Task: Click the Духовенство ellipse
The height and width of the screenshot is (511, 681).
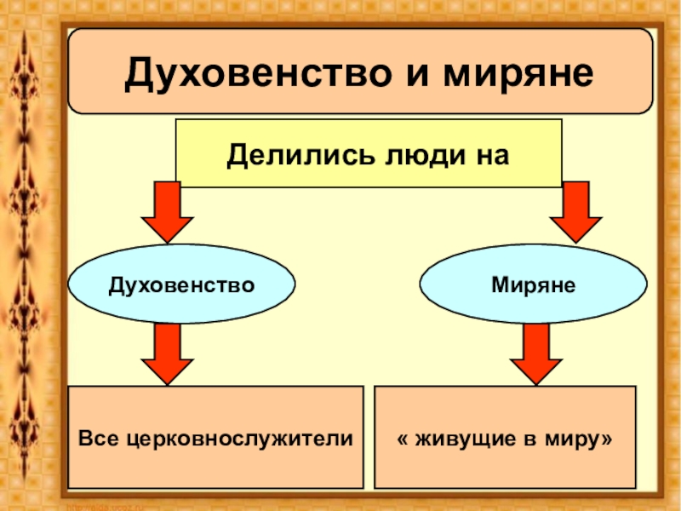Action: pyautogui.click(x=181, y=284)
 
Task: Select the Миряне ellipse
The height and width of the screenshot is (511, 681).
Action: pyautogui.click(x=533, y=284)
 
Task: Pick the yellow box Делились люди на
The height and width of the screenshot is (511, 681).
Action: pyautogui.click(x=369, y=153)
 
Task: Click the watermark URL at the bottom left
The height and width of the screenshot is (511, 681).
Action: pyautogui.click(x=102, y=506)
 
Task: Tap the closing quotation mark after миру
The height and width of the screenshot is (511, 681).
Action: pyautogui.click(x=607, y=438)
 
